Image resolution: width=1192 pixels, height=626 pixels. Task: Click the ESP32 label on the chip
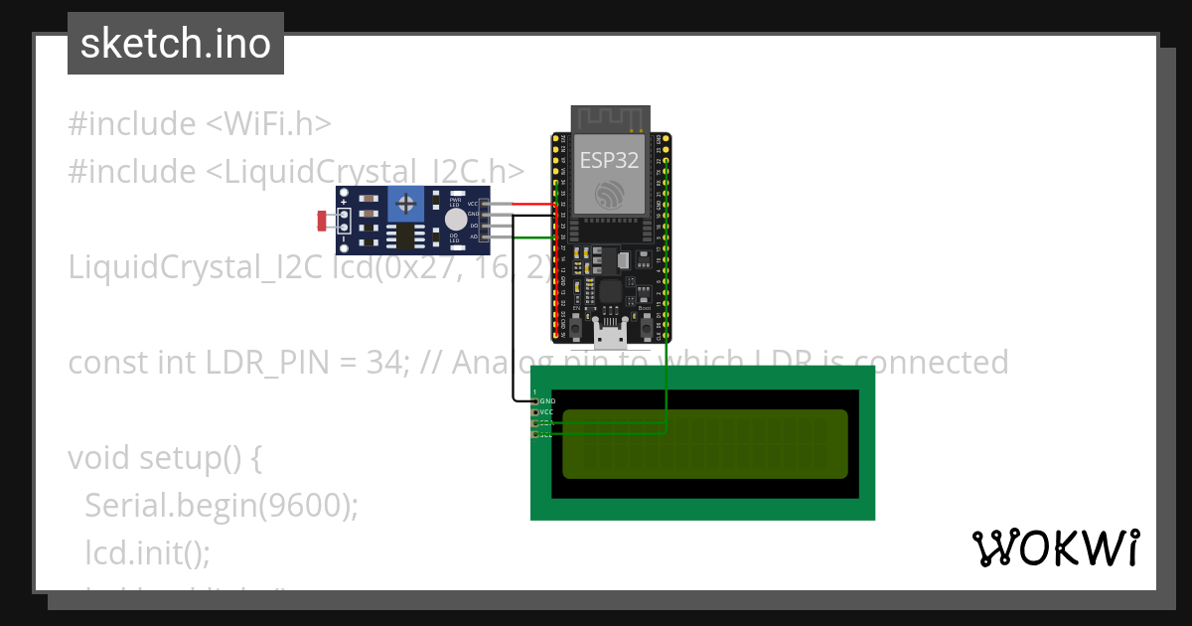point(610,159)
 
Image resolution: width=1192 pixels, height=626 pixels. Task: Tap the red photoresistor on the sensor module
point(322,221)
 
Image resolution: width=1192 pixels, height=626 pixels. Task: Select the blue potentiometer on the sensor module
point(405,205)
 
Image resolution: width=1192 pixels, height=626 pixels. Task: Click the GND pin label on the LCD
point(547,401)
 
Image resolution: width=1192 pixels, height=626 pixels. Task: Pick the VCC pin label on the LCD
point(546,412)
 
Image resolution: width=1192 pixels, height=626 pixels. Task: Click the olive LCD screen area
point(704,443)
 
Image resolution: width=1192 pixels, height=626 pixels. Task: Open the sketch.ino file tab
point(176,44)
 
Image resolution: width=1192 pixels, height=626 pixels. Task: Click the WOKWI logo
point(1055,548)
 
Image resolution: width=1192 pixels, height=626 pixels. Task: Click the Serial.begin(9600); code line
point(221,505)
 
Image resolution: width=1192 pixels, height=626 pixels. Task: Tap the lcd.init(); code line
point(147,551)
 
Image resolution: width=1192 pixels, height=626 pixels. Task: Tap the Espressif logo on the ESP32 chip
point(610,193)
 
